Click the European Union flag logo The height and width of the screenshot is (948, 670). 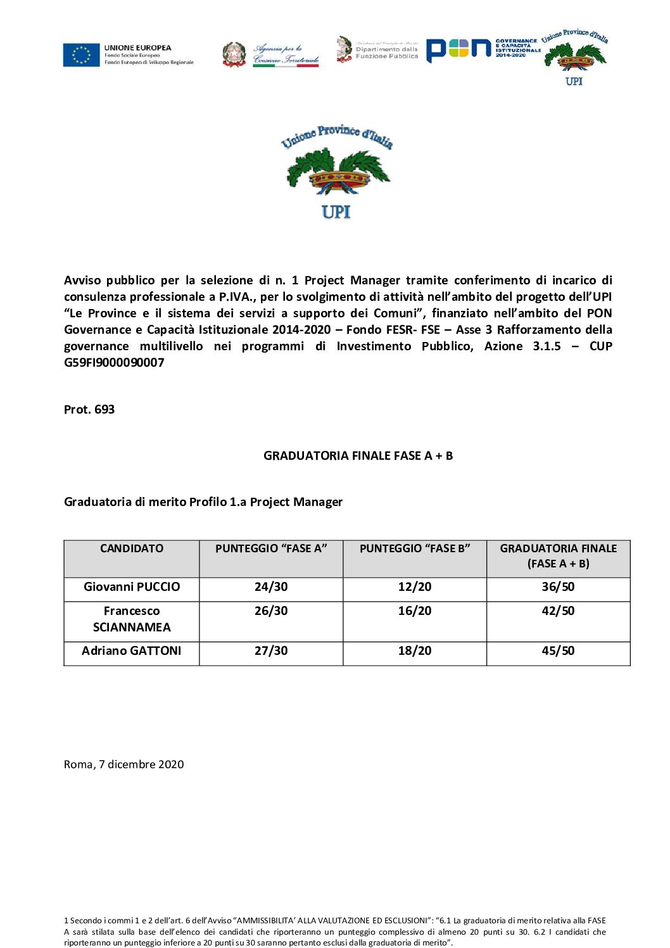point(82,55)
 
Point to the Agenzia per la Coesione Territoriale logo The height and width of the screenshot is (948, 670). point(271,54)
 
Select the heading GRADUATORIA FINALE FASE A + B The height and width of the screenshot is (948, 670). point(358,456)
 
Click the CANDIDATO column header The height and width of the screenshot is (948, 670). point(132,549)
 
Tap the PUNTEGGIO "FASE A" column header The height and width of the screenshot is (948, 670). point(271,549)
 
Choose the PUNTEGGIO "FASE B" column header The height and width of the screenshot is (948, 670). point(415,549)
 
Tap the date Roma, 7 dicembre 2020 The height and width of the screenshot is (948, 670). point(124,765)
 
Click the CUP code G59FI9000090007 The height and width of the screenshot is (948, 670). point(114,363)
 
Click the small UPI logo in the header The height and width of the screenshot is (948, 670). point(574,58)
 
